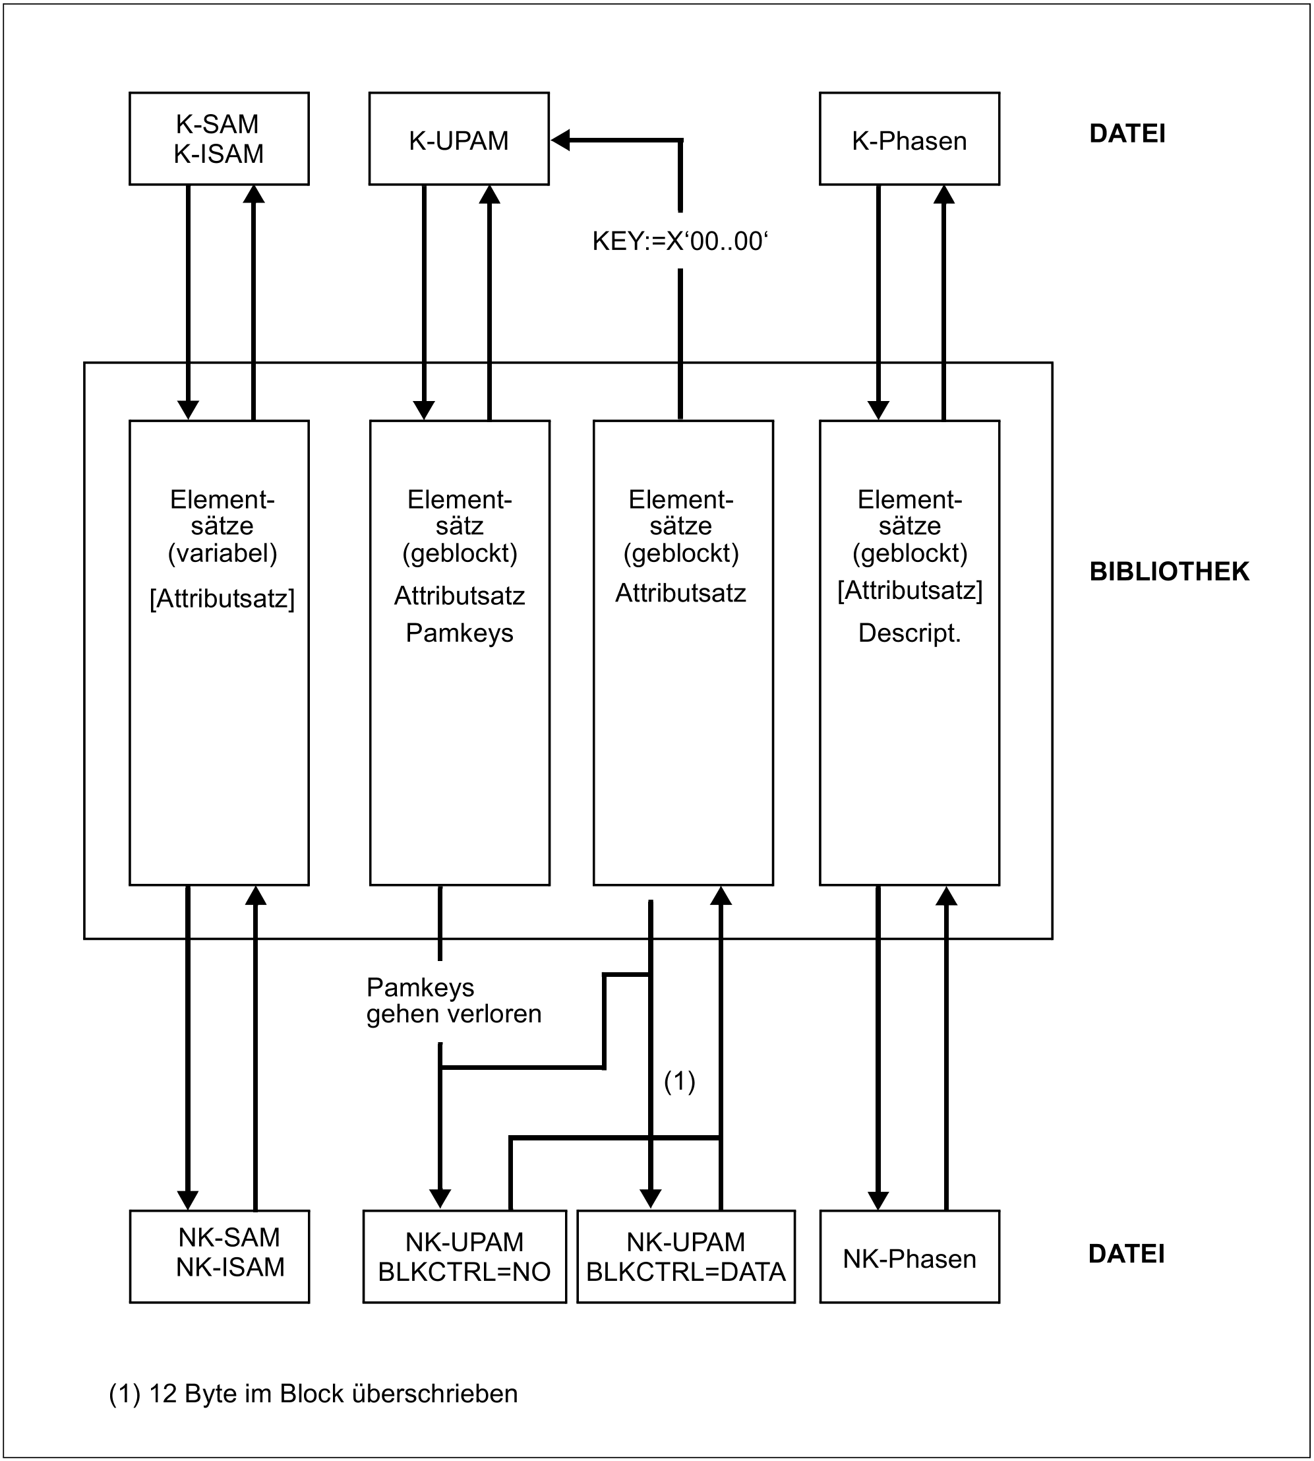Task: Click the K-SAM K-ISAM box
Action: tap(219, 139)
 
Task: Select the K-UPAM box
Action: tap(458, 139)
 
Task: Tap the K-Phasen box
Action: tap(909, 139)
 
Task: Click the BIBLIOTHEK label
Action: tap(1169, 571)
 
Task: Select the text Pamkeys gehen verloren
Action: tap(454, 1000)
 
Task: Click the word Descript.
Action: tap(909, 633)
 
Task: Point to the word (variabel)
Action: tap(222, 553)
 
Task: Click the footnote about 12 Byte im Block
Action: tap(313, 1393)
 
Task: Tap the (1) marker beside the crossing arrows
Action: tap(679, 1081)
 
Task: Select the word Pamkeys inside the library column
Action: tap(459, 633)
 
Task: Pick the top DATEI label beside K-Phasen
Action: tap(1127, 134)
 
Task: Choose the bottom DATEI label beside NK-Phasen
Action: tap(1126, 1254)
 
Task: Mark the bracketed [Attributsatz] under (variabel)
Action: tap(222, 599)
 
